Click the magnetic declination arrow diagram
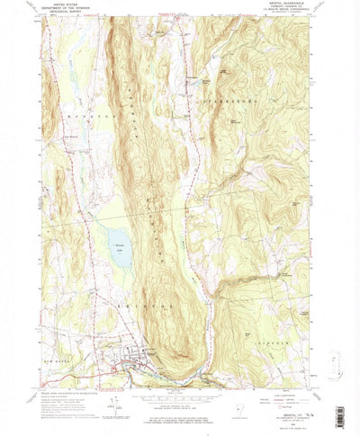[115, 392]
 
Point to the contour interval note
[176, 396]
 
